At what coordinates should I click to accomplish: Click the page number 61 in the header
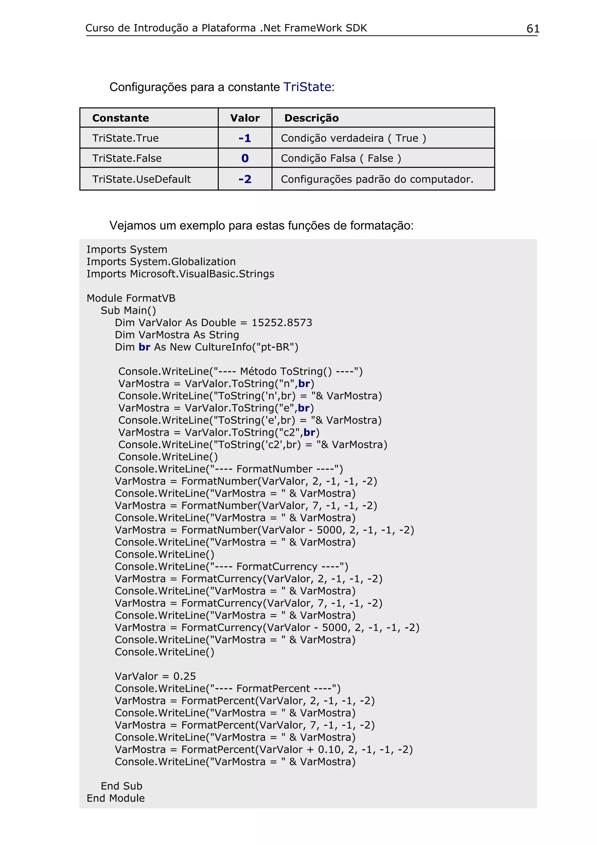point(533,29)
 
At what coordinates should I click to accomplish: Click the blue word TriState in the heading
point(307,87)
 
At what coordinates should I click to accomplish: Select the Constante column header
point(121,118)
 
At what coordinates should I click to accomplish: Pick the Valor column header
point(245,118)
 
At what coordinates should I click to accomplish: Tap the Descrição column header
point(311,118)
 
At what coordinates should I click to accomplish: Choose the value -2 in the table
point(245,179)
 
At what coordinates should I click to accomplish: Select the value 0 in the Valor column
point(245,158)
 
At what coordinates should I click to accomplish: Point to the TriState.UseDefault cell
point(141,179)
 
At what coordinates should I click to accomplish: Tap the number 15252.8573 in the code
point(281,323)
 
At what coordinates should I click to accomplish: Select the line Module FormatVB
point(131,298)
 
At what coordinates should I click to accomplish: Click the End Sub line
point(121,786)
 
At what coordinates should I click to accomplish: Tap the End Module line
point(115,798)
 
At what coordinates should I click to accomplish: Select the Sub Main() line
point(128,311)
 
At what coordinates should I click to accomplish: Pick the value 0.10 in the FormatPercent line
point(330,750)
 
